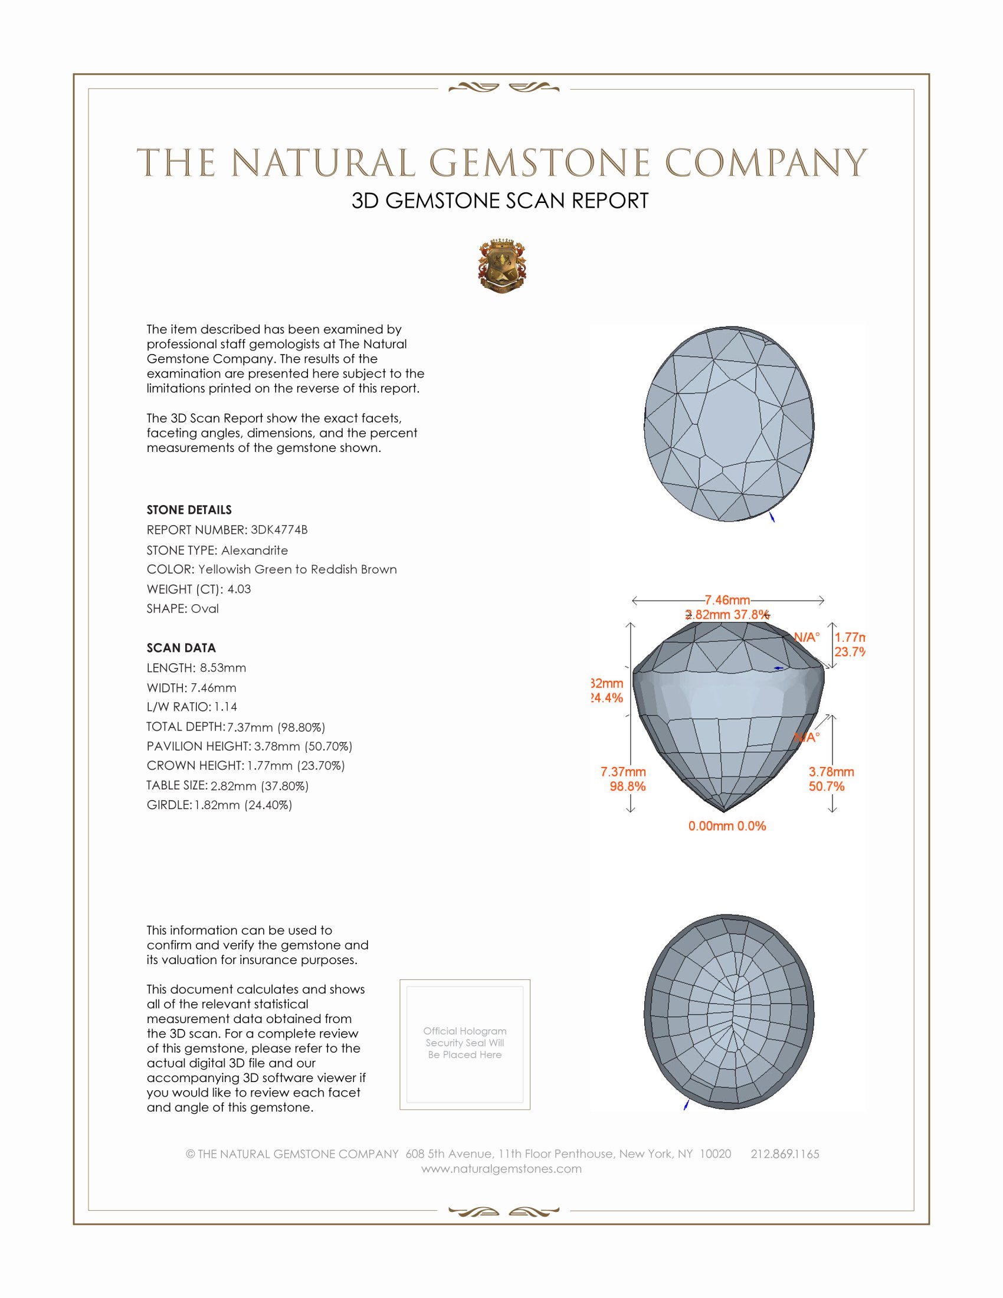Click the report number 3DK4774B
pos(278,530)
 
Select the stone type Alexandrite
pos(254,550)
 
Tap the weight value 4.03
pos(239,589)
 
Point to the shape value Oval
pos(204,609)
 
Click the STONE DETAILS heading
pos(189,510)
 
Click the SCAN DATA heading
pos(181,648)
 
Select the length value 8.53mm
pos(223,667)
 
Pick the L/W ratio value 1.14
pos(226,707)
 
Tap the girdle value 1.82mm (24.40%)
pos(243,805)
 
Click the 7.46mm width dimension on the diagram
pos(727,599)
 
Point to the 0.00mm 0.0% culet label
pos(727,825)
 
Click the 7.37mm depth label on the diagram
pos(622,772)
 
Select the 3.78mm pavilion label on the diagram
pos(831,772)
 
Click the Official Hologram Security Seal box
pos(465,1045)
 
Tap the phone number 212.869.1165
pos(784,1154)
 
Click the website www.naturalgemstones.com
pos(501,1169)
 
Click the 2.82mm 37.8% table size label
pos(727,615)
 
